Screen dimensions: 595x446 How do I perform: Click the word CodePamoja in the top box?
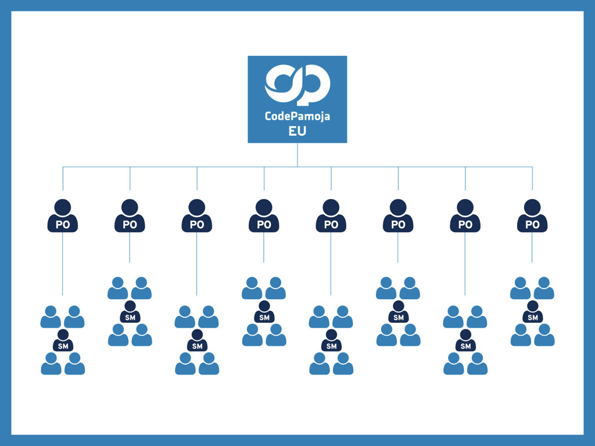pyautogui.click(x=297, y=116)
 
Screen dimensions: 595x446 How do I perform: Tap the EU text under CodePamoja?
pyautogui.click(x=297, y=131)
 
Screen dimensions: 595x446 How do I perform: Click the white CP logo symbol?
pyautogui.click(x=297, y=85)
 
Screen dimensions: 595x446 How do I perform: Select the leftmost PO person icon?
pyautogui.click(x=63, y=217)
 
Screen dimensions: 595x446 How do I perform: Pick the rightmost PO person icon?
pyautogui.click(x=532, y=217)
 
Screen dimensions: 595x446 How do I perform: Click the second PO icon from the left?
pyautogui.click(x=130, y=217)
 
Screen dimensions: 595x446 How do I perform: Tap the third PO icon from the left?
pyautogui.click(x=197, y=217)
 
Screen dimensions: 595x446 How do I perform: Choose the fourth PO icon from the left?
pyautogui.click(x=264, y=217)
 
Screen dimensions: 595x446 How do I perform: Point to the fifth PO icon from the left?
pyautogui.click(x=331, y=217)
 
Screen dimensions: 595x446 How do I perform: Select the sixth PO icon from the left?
pyautogui.click(x=398, y=217)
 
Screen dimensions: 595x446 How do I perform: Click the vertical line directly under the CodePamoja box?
pyautogui.click(x=297, y=154)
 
